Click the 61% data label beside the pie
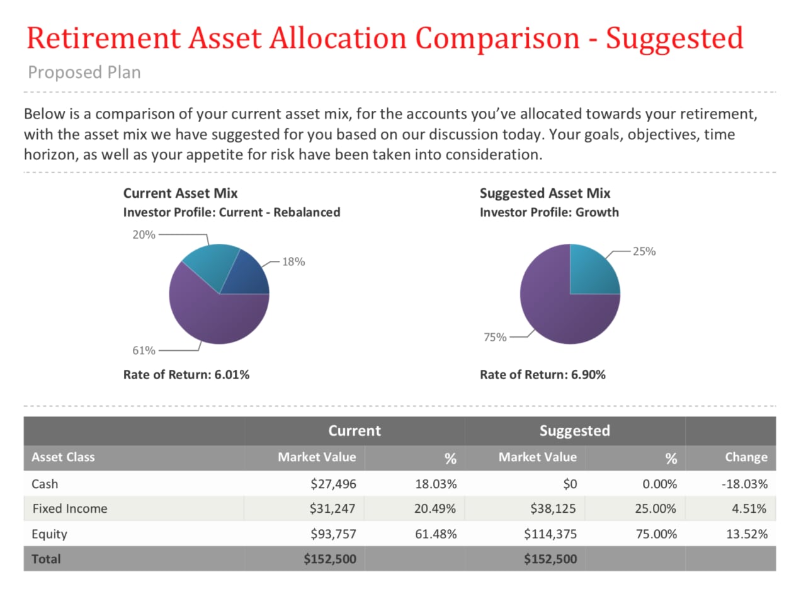pyautogui.click(x=144, y=350)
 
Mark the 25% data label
pyautogui.click(x=644, y=251)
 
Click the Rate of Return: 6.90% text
pyautogui.click(x=542, y=375)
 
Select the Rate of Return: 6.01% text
pyautogui.click(x=186, y=375)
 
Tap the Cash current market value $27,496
pyautogui.click(x=333, y=484)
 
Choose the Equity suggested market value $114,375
pyautogui.click(x=550, y=534)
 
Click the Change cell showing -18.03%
pyautogui.click(x=744, y=484)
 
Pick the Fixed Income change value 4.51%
pyautogui.click(x=749, y=508)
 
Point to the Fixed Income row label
pyautogui.click(x=70, y=508)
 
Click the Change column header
pyautogui.click(x=746, y=457)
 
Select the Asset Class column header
pyautogui.click(x=63, y=457)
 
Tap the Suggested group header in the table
pyautogui.click(x=574, y=431)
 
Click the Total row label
pyautogui.click(x=46, y=559)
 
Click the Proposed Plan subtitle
pyautogui.click(x=84, y=72)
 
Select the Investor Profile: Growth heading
pyautogui.click(x=549, y=212)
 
